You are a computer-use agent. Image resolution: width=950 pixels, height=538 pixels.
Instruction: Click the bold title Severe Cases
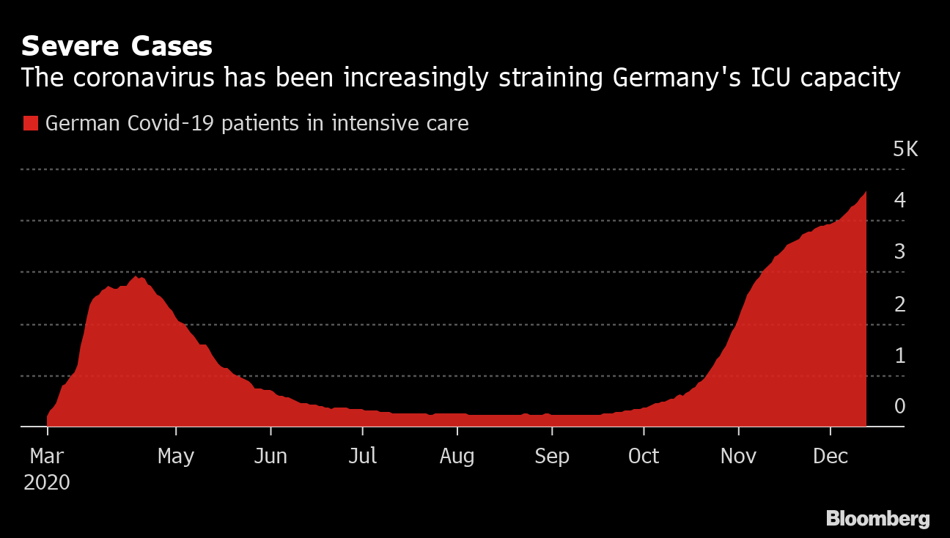click(x=117, y=46)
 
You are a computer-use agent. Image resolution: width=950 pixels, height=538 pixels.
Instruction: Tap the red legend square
click(x=30, y=123)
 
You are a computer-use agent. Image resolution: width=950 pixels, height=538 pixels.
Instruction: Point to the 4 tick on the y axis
click(x=899, y=199)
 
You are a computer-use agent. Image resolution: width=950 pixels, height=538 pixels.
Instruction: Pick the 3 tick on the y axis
click(x=899, y=251)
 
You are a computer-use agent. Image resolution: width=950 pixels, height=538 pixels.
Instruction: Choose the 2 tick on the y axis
click(x=899, y=303)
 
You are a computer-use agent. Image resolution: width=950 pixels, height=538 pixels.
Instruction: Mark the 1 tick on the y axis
click(x=899, y=355)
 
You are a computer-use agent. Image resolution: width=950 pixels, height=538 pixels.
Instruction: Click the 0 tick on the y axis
click(x=899, y=406)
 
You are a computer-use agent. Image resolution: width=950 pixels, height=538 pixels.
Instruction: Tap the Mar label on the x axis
click(x=47, y=456)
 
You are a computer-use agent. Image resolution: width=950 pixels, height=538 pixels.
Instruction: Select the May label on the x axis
click(x=176, y=456)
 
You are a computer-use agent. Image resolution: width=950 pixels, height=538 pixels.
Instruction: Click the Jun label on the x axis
click(x=270, y=456)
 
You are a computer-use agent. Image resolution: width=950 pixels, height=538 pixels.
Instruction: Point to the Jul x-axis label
click(x=363, y=456)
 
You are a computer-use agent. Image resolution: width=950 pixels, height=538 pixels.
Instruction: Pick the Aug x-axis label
click(x=457, y=456)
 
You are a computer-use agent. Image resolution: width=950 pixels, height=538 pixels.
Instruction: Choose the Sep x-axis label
click(x=552, y=456)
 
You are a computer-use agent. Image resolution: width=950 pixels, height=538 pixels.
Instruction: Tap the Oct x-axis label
click(x=644, y=456)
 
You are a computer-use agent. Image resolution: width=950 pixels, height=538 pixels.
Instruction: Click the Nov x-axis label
click(x=739, y=456)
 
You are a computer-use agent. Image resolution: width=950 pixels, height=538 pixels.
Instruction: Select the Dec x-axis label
click(x=831, y=456)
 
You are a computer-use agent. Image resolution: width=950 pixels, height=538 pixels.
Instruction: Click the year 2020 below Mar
click(x=47, y=482)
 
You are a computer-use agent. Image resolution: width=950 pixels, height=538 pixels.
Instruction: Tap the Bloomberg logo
click(x=877, y=519)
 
